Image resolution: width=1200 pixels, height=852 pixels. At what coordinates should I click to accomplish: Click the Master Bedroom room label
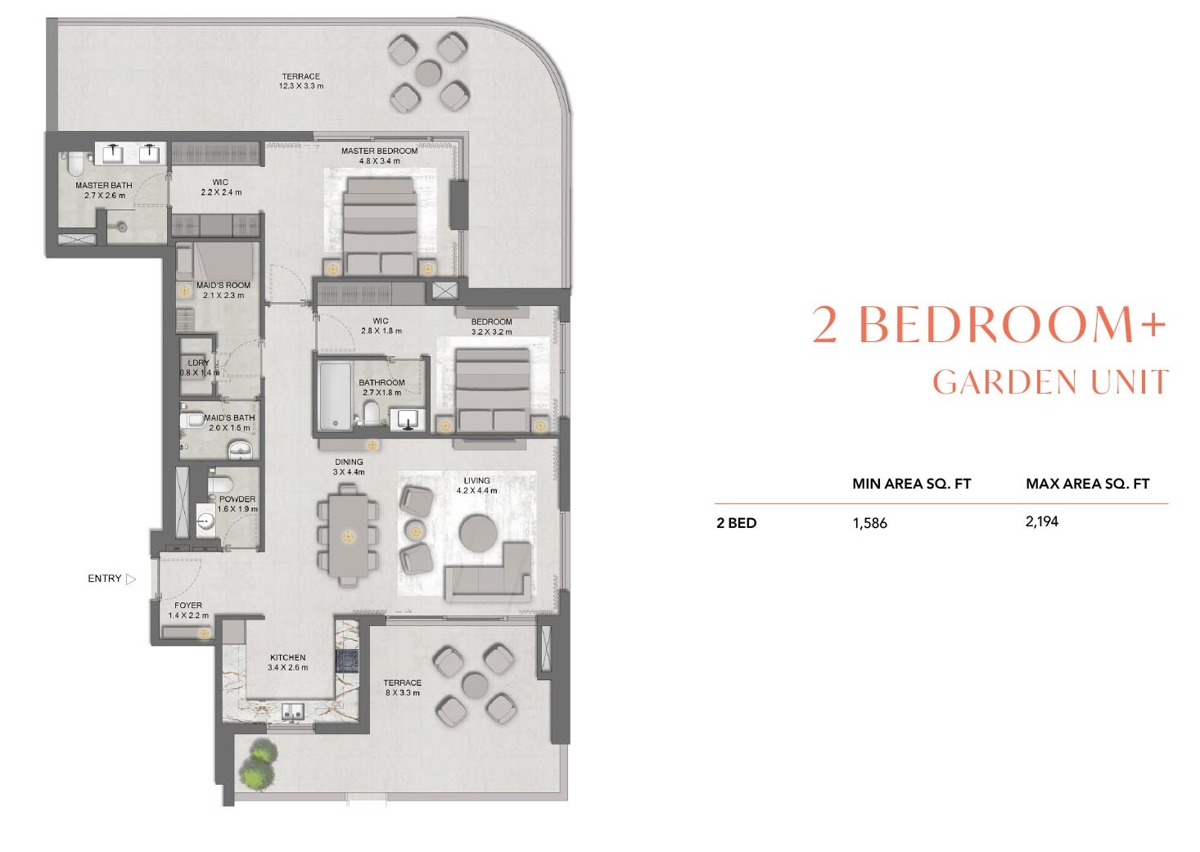point(379,151)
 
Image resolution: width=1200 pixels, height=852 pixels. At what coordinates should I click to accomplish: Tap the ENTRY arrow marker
point(131,579)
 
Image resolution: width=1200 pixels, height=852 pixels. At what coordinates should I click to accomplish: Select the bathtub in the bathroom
point(335,395)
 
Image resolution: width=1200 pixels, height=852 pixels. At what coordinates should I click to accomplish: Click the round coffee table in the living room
point(479,533)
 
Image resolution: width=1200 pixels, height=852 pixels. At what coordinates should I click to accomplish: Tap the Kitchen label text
point(287,657)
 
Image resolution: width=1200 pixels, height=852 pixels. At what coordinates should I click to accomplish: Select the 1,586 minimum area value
point(869,523)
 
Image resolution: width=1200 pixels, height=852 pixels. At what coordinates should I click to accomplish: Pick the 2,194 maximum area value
point(1041,521)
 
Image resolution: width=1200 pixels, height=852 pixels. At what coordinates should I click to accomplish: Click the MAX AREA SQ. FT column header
point(1087,484)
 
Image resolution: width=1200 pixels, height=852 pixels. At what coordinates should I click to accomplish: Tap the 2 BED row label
point(736,523)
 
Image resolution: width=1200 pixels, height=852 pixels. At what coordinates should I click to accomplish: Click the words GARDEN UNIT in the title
point(1050,382)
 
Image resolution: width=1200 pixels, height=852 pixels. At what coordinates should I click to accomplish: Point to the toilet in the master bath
point(73,165)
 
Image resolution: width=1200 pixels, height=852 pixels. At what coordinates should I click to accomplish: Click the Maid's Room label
point(223,286)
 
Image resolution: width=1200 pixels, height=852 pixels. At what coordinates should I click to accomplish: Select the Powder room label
point(237,499)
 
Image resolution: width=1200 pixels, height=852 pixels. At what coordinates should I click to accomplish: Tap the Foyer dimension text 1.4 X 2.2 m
point(188,615)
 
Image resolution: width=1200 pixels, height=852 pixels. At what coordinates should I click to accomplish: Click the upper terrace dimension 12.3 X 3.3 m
point(301,86)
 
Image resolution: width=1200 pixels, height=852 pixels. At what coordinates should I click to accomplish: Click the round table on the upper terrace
point(428,74)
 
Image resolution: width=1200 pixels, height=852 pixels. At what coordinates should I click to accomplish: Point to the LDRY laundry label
point(199,363)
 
